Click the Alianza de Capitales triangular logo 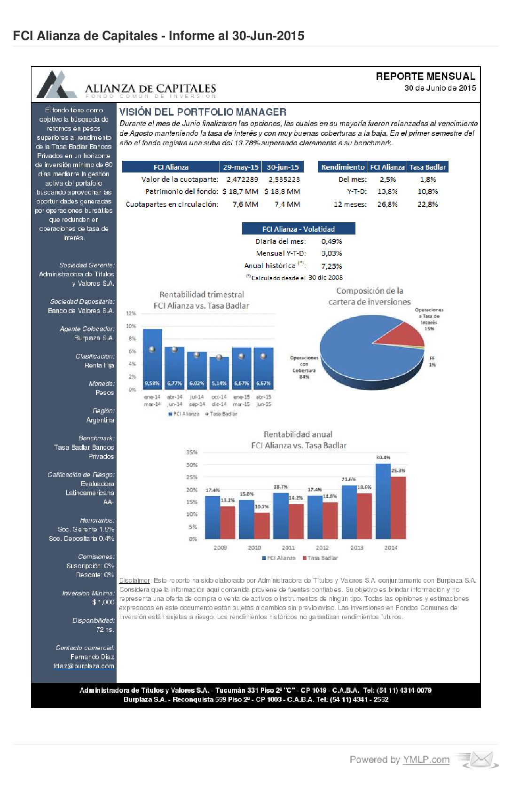[x=56, y=85]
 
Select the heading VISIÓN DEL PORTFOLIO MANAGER [x=203, y=112]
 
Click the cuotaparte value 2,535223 [x=284, y=180]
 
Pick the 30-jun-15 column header [x=283, y=167]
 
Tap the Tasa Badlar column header [x=427, y=167]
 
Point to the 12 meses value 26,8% [x=387, y=204]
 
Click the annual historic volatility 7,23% [x=331, y=266]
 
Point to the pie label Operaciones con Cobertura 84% [x=304, y=367]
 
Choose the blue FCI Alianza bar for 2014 [x=383, y=501]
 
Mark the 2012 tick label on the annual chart [x=322, y=548]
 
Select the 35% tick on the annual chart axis [x=192, y=453]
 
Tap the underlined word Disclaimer [x=134, y=581]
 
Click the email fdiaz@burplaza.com [x=84, y=666]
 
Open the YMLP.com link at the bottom [x=426, y=760]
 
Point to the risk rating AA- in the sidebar [x=109, y=502]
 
